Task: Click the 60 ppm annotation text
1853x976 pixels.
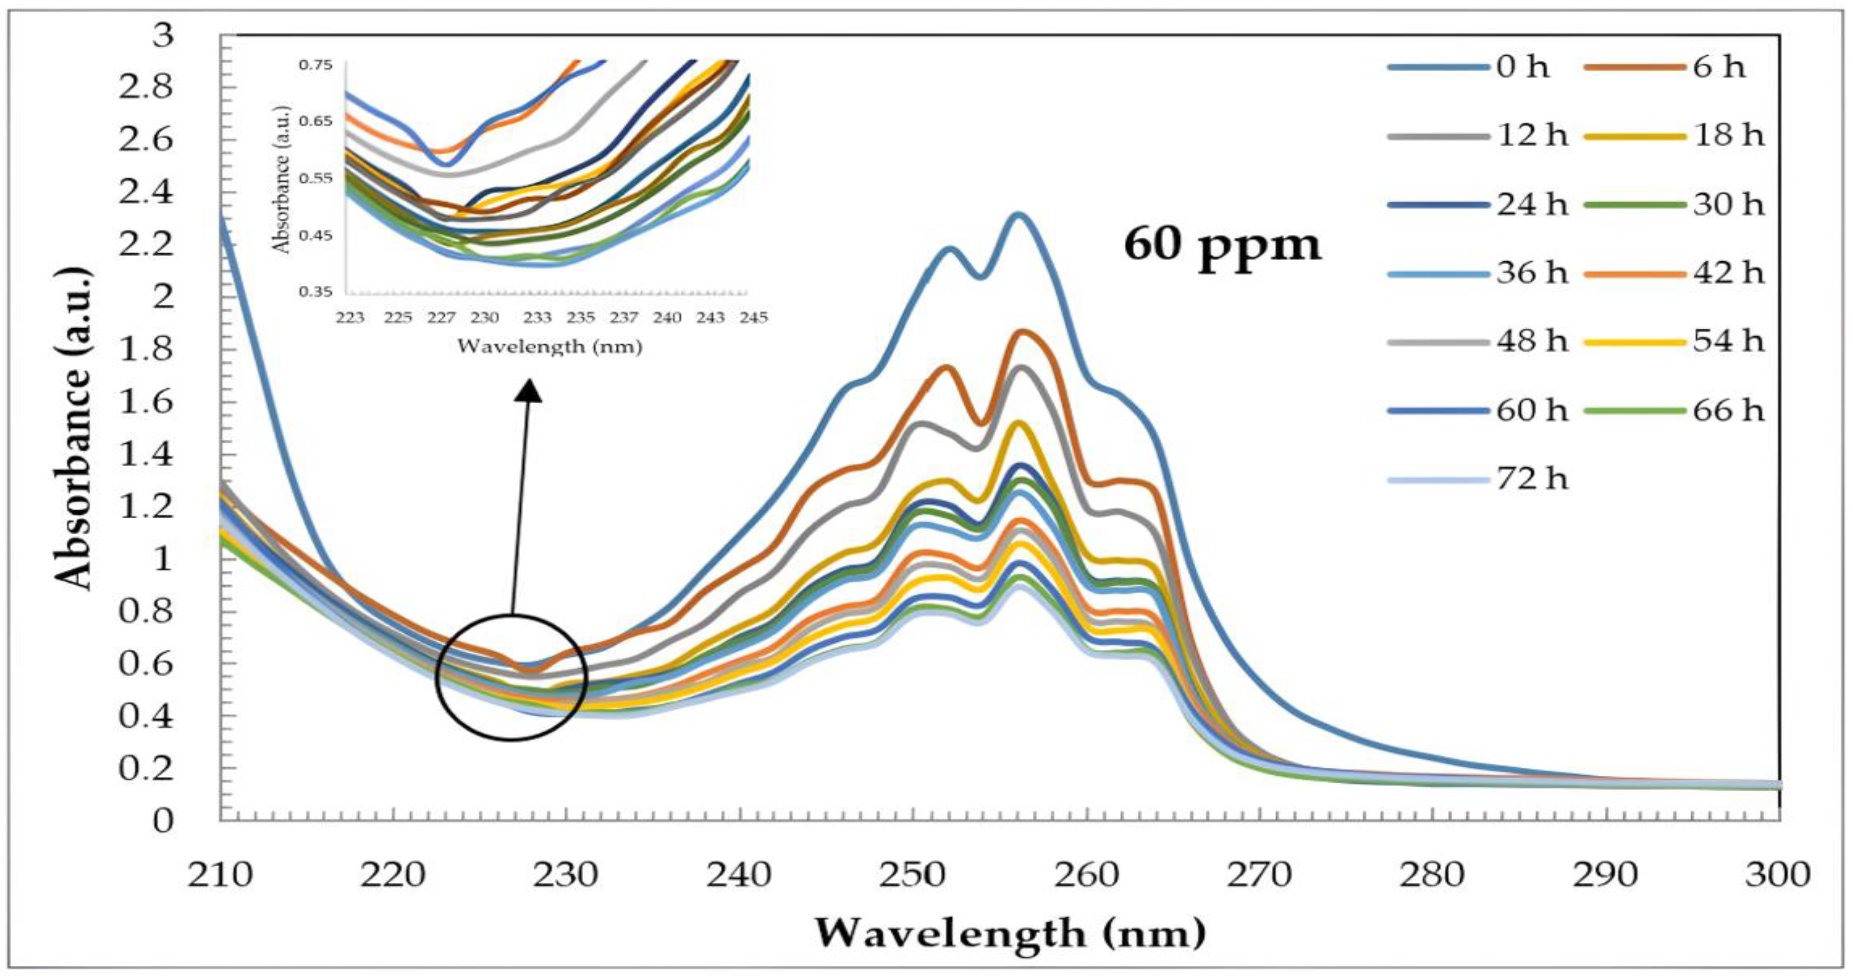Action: point(1223,245)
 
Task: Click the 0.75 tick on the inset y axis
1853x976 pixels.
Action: point(314,65)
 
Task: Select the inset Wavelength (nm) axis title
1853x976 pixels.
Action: point(549,347)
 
